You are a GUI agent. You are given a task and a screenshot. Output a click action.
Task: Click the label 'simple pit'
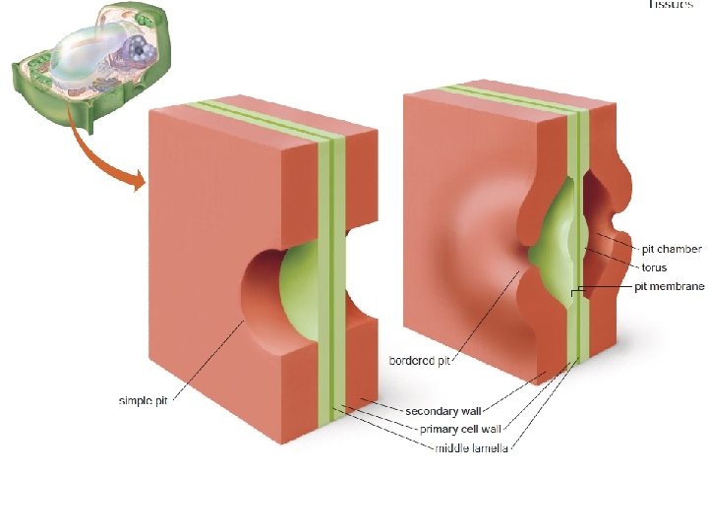[x=144, y=400]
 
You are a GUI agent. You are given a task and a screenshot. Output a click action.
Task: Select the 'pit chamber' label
[x=672, y=250]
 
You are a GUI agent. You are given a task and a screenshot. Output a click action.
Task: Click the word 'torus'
[x=654, y=267]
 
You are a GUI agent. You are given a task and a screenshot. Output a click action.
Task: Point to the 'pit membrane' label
[x=668, y=286]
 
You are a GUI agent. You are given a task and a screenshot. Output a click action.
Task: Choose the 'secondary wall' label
[x=443, y=410]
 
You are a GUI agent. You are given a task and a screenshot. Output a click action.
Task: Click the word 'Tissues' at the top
[x=677, y=5]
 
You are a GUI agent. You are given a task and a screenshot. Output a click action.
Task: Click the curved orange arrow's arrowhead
[x=138, y=180]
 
